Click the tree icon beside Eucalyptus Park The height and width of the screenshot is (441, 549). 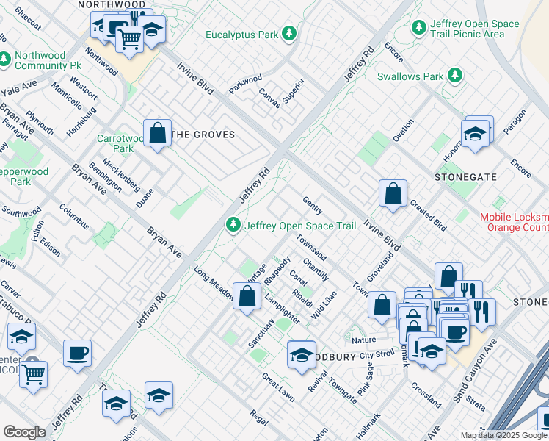pos(290,34)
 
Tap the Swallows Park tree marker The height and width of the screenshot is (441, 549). pos(455,76)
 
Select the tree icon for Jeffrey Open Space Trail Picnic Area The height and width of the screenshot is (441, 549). pos(419,28)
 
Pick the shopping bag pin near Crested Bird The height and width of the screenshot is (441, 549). pos(393,193)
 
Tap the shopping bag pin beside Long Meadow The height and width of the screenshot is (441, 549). pos(248,296)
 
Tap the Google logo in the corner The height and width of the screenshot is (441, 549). pos(24,432)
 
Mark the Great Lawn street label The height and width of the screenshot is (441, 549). pos(277,385)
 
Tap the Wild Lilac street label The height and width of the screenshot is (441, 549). pos(324,304)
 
